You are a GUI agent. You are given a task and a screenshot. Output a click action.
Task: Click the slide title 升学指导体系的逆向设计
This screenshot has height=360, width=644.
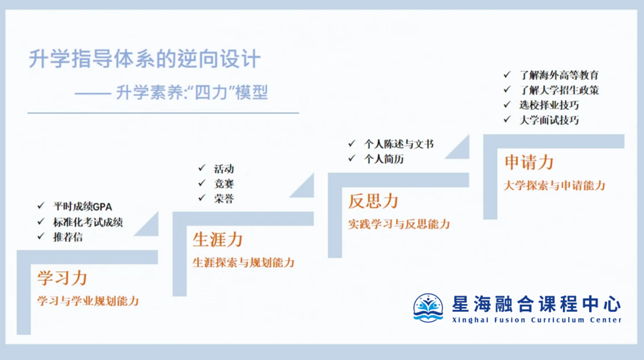145,59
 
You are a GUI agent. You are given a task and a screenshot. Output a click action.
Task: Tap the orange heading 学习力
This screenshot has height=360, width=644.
62,278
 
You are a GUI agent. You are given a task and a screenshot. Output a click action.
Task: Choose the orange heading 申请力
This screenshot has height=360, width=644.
529,162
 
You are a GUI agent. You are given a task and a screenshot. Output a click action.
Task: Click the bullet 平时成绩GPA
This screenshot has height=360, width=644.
83,207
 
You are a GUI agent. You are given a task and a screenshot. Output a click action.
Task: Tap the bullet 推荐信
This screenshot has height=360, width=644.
68,237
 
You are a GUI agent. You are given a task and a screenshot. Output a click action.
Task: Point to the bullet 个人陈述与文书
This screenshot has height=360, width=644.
399,144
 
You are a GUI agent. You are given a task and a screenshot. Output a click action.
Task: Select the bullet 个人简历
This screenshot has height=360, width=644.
384,158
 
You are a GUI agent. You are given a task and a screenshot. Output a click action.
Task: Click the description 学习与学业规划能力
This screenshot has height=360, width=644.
88,301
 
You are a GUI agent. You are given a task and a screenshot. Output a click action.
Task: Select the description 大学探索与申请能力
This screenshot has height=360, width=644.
554,185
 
